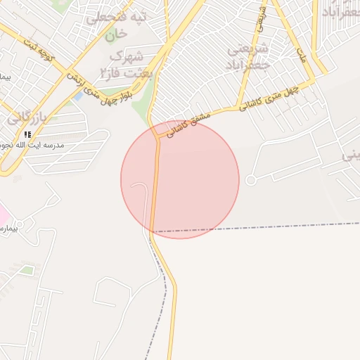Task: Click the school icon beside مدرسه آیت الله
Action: pyautogui.click(x=27, y=134)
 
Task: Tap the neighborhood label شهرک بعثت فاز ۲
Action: pyautogui.click(x=127, y=63)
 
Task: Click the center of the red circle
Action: pyautogui.click(x=180, y=179)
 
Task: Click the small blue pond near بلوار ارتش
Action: pyautogui.click(x=77, y=96)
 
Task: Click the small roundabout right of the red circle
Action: pyautogui.click(x=250, y=181)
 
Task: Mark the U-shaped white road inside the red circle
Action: pyautogui.click(x=141, y=190)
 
